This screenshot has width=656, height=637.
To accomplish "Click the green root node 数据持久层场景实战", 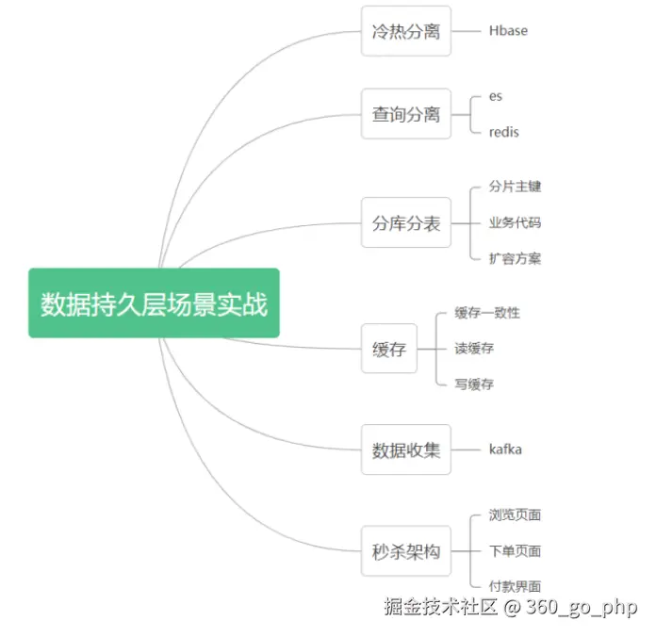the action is pos(154,303).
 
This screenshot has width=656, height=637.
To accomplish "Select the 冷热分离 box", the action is pos(405,31).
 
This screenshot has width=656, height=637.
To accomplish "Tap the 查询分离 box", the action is pos(405,114).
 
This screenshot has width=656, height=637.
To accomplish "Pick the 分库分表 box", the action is pos(405,223).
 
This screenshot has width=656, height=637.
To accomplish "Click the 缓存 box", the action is pos(388,349).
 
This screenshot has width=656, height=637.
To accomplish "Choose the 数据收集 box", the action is pos(405,449).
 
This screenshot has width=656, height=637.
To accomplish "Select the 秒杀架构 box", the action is pos(405,551).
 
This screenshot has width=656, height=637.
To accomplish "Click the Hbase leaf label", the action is pos(508,31).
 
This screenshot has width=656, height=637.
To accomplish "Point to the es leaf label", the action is pos(496,96).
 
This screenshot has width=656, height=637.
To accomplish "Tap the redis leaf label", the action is pos(503,132).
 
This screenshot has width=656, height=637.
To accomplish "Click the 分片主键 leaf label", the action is pos(515,187).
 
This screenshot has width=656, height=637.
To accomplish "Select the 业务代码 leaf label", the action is pos(515,223).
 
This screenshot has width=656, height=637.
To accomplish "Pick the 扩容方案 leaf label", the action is pos(515,259).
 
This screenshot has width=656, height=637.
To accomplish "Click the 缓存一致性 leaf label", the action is pos(486,313).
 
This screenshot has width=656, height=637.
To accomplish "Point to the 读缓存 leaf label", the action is pos(473,349).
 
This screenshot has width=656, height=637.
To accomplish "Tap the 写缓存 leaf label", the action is pos(473,384).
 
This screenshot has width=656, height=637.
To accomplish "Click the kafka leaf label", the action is pos(505,449).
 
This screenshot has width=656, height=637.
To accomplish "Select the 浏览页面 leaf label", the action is pos(515,515).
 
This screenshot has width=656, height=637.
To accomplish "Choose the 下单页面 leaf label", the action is pos(515,551).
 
